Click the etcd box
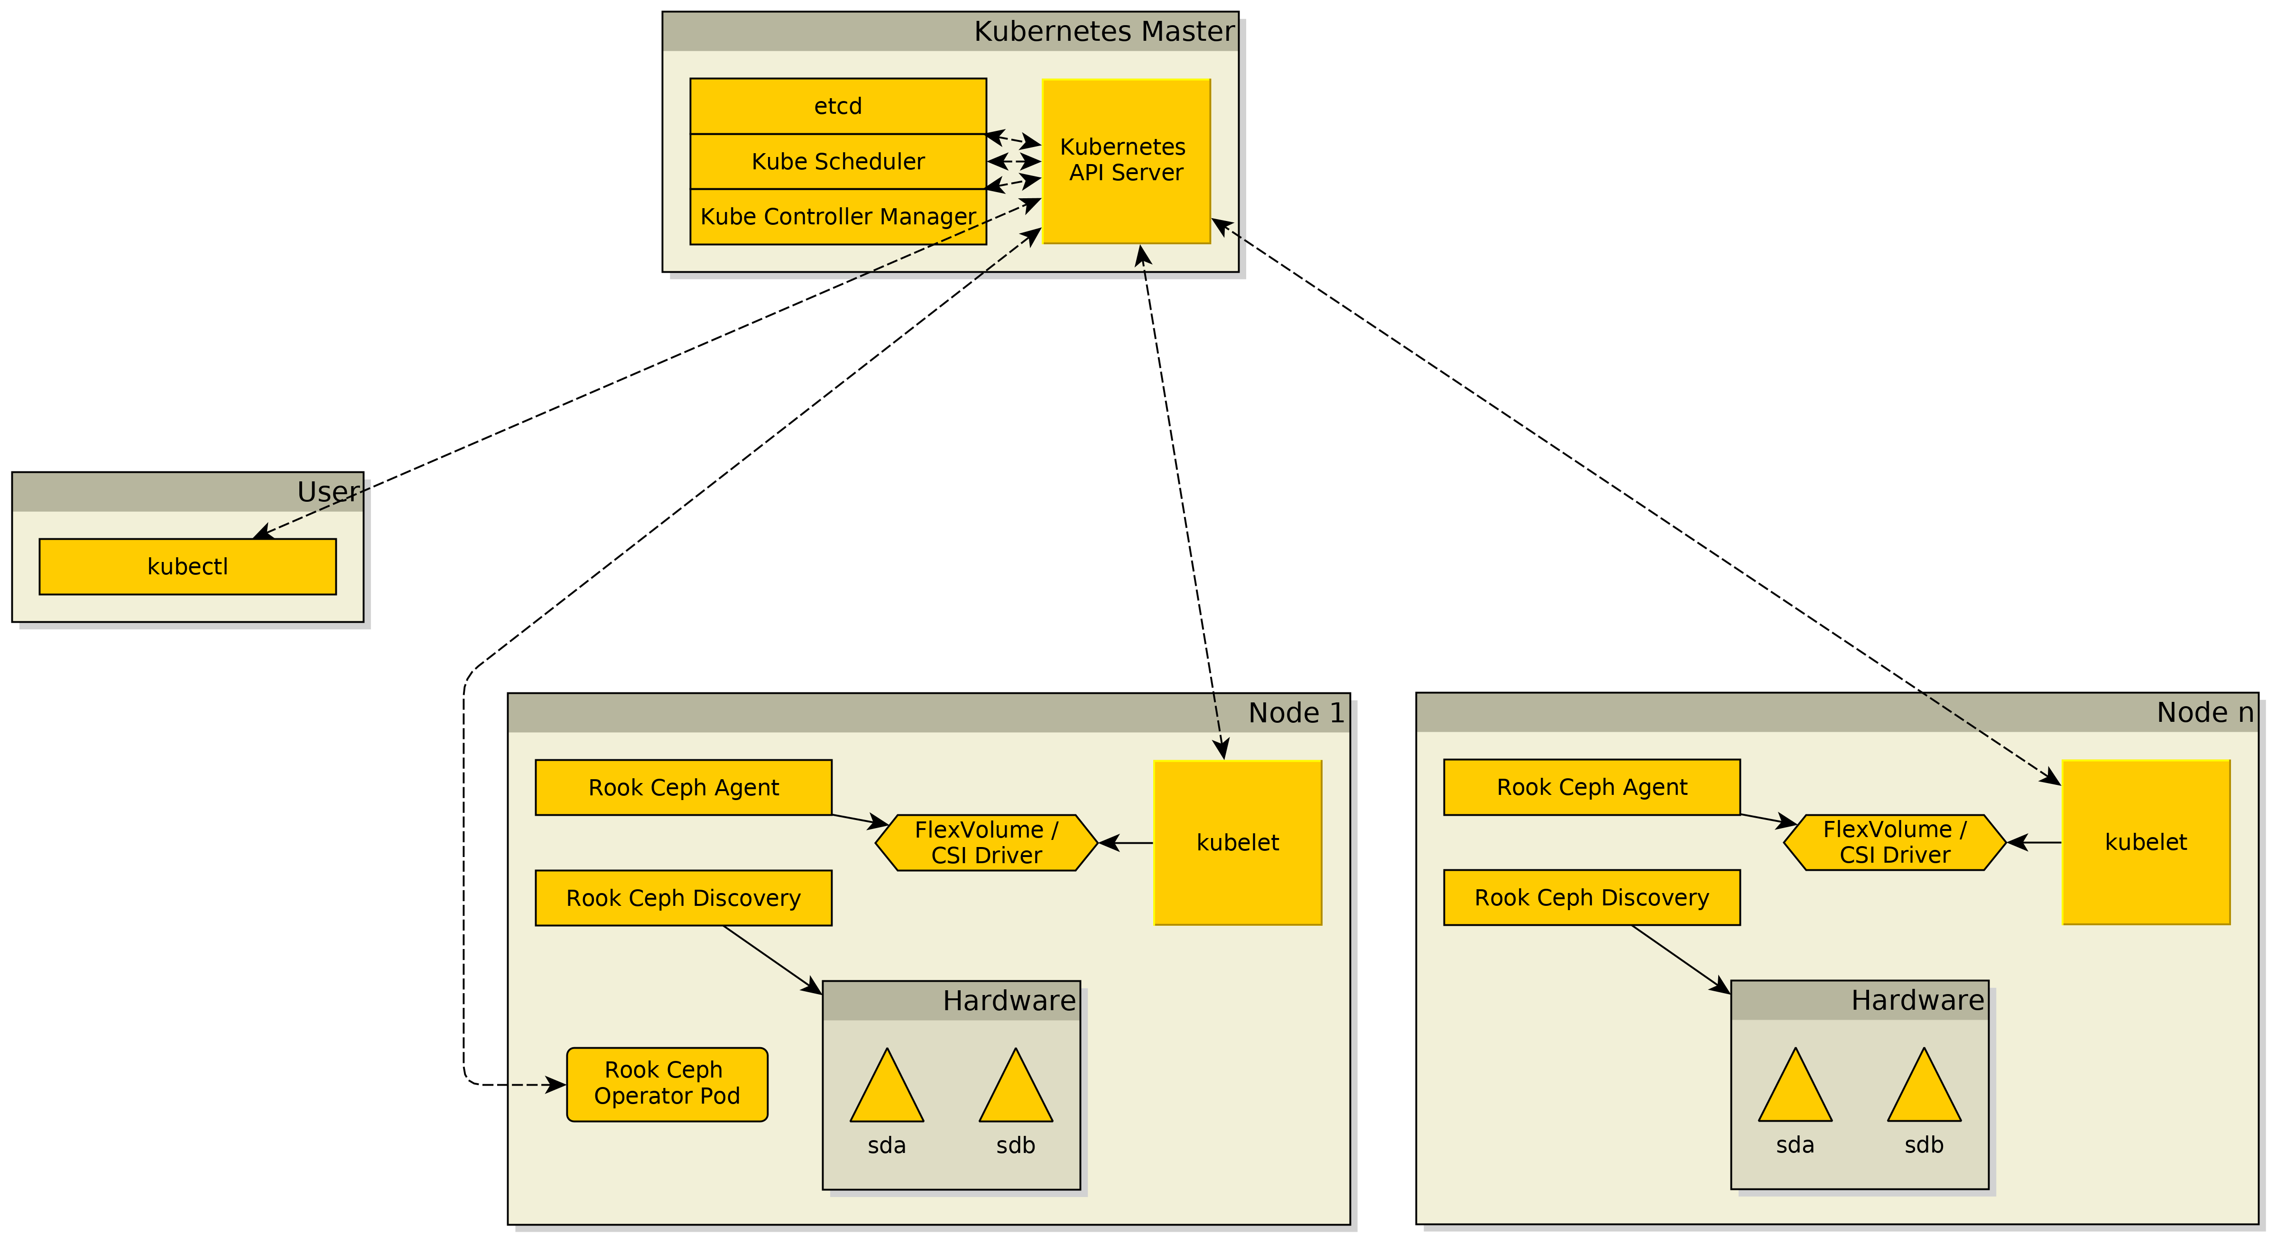click(x=837, y=106)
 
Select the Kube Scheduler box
click(x=837, y=162)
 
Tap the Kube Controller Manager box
click(x=837, y=216)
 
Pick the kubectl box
click(x=187, y=566)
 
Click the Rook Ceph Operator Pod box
click(x=666, y=1084)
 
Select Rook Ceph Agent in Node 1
click(x=683, y=787)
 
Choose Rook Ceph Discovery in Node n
click(x=1591, y=898)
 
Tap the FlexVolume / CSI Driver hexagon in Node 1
click(x=986, y=843)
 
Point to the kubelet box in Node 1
click(x=1238, y=843)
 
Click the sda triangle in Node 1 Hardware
click(x=887, y=1092)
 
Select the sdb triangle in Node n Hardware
click(x=1924, y=1092)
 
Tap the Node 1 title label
click(x=1296, y=713)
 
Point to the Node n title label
click(x=2204, y=712)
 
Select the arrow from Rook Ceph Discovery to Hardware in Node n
click(x=1679, y=958)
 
